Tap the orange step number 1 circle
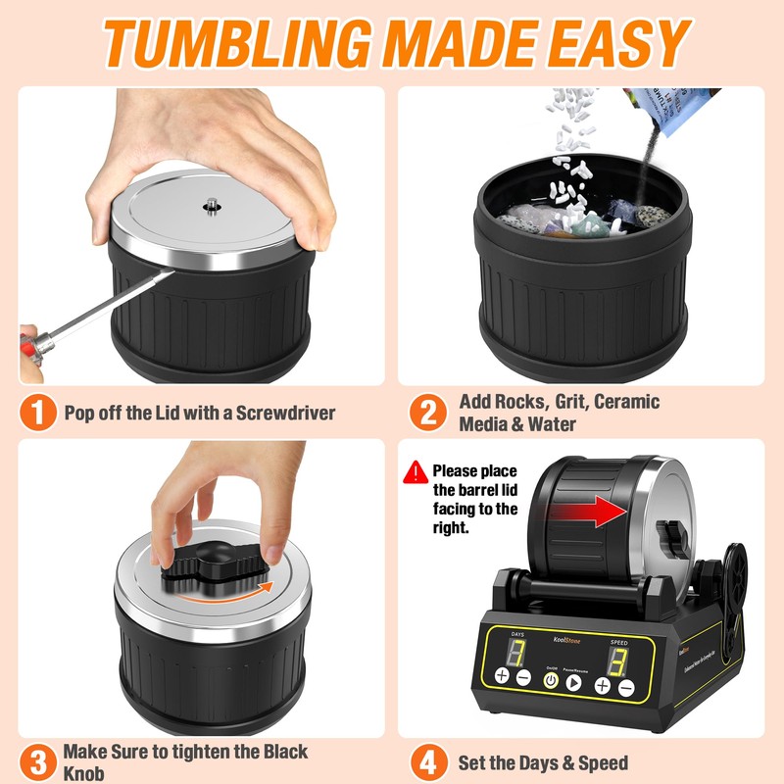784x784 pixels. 38,412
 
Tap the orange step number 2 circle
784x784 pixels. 427,412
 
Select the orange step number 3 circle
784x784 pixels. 38,761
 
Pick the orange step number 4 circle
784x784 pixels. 427,761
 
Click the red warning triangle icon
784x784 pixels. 416,471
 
